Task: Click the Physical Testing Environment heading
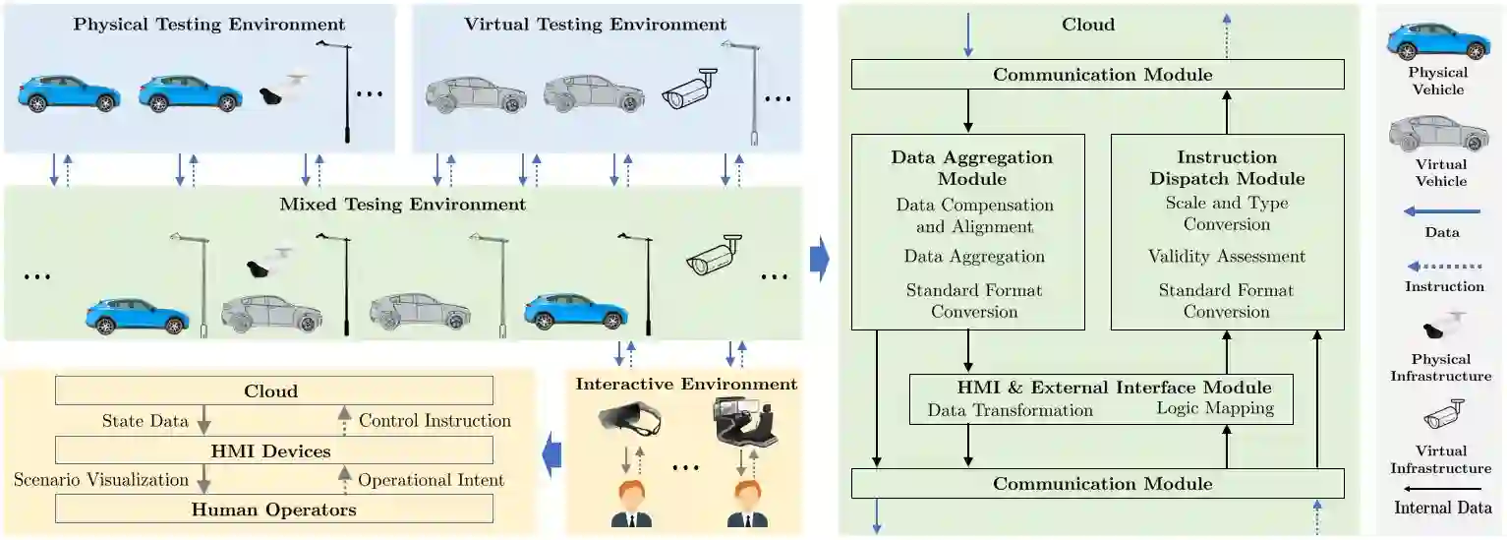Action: click(x=209, y=24)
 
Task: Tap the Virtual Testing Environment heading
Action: click(x=596, y=24)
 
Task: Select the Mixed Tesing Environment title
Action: click(x=403, y=205)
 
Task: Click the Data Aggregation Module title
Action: click(x=971, y=167)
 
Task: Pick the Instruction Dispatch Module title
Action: click(x=1227, y=167)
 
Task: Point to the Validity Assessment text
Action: click(x=1227, y=257)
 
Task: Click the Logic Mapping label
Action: click(x=1215, y=408)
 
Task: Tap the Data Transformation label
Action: click(x=1011, y=410)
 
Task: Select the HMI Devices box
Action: click(x=273, y=451)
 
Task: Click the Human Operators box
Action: click(x=273, y=509)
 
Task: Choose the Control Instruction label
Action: click(x=435, y=421)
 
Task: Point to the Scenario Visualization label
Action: click(x=101, y=480)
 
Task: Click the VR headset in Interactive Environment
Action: click(x=629, y=422)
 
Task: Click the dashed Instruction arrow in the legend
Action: click(x=1443, y=266)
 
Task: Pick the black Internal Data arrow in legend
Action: click(x=1443, y=488)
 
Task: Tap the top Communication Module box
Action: click(x=1097, y=75)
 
